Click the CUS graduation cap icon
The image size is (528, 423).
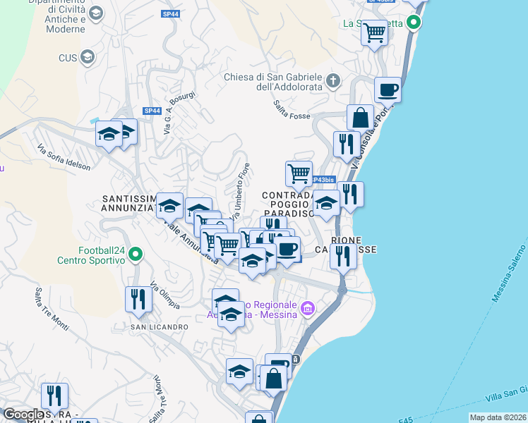point(88,57)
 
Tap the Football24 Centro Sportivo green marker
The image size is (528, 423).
point(138,254)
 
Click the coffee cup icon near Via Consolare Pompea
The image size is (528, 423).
point(388,90)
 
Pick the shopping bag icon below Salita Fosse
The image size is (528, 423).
point(360,117)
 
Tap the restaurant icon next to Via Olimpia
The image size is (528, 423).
point(138,299)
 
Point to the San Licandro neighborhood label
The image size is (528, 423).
point(159,327)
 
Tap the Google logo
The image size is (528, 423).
point(23,415)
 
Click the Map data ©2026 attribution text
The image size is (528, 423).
point(498,417)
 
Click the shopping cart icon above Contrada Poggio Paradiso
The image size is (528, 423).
point(299,173)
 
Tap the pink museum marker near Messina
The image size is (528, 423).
point(307,308)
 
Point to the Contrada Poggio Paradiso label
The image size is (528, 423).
point(289,204)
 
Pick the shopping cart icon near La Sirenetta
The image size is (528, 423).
point(374,32)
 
